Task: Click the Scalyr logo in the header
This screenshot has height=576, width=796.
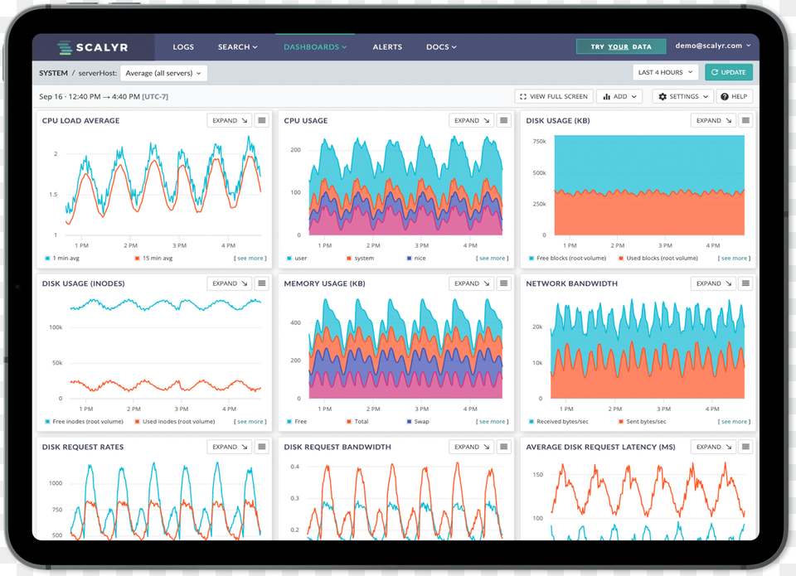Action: coord(92,47)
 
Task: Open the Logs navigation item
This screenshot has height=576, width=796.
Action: coord(182,47)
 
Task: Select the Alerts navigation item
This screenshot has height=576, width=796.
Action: coord(387,47)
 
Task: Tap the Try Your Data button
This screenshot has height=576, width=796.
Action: coord(621,47)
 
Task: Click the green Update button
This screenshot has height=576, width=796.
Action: coord(729,73)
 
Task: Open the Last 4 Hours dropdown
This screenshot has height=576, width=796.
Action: coord(665,73)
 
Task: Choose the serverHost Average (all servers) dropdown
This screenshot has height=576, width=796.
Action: coord(163,73)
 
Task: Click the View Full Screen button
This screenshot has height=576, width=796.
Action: coord(554,97)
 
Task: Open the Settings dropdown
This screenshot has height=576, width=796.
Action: coord(683,97)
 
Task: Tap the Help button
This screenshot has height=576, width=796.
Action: coord(735,97)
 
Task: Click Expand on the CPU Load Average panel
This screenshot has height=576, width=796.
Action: coord(229,121)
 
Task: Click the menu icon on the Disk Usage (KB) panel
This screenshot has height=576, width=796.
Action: coord(745,121)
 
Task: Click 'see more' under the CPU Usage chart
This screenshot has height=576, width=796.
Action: coord(493,259)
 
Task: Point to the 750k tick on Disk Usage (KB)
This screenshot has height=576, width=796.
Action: coord(539,142)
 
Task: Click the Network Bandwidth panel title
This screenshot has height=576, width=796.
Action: coord(571,283)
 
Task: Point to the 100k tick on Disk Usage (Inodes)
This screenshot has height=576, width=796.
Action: coord(56,327)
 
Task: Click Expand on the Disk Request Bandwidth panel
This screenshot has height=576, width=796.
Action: coord(471,447)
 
